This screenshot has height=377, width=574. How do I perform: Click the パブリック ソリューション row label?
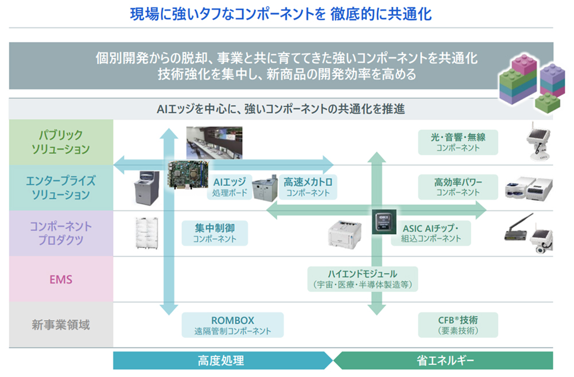61,142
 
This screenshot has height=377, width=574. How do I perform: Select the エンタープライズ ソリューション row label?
61,188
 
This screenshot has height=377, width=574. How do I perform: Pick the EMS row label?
61,279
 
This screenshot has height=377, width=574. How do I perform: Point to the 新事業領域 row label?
61,325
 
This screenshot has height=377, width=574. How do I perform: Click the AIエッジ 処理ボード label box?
230,187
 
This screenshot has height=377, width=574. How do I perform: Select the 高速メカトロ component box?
308,187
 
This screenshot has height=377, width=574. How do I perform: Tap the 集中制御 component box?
214,232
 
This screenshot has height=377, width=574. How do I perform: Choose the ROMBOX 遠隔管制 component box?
232,325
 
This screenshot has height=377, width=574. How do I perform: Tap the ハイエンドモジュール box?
362,279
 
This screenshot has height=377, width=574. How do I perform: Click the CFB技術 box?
457,325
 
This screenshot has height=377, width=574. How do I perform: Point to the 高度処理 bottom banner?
222,360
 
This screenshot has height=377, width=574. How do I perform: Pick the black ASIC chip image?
382,221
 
